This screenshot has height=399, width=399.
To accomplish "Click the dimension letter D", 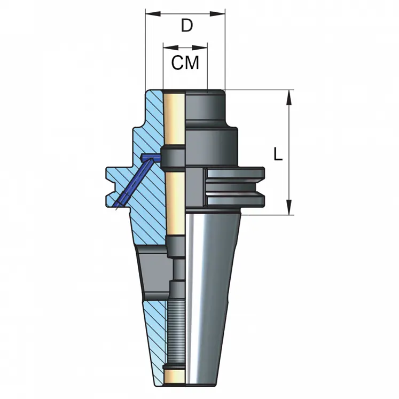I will pos(186,25).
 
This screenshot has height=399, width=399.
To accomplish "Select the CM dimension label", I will pos(185,63).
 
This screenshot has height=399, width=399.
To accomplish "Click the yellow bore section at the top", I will pos(174,118).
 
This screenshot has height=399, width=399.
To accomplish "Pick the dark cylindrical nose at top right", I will pos(206,107).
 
